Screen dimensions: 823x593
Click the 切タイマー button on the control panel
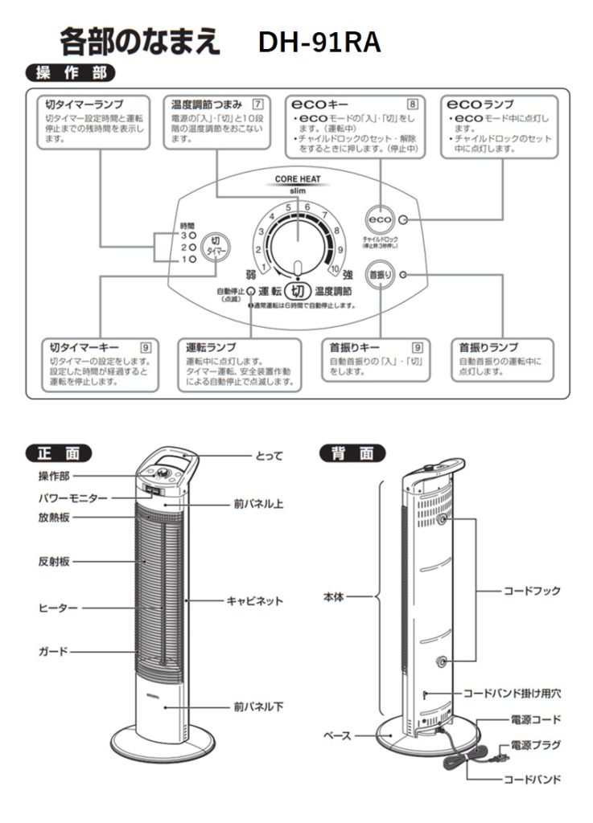click(214, 246)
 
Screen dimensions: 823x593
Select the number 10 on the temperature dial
click(336, 269)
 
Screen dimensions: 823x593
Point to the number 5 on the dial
click(288, 207)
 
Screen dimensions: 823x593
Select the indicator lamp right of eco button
click(403, 220)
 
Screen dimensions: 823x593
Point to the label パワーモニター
click(72, 498)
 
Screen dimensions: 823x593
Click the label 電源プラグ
click(535, 744)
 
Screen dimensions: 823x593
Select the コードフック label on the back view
click(532, 591)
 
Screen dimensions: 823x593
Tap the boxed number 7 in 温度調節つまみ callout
click(257, 104)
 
